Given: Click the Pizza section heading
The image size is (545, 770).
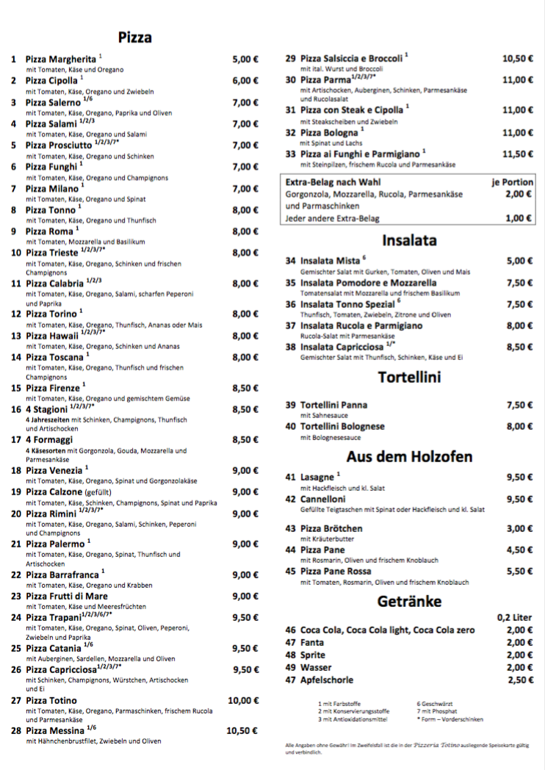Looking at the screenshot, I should tap(134, 37).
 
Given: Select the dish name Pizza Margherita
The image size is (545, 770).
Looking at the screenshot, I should tap(61, 59).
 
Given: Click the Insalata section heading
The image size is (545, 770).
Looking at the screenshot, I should tap(409, 240).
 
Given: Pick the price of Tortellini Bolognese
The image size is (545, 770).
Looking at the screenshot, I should tap(519, 426).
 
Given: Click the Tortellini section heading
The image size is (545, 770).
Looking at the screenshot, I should tap(409, 378).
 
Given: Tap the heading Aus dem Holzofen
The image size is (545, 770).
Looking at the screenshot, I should tap(409, 456).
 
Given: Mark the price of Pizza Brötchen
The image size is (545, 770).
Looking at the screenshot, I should tap(519, 528).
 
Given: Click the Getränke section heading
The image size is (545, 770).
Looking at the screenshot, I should tap(409, 601).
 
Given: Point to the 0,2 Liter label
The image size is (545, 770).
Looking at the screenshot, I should tap(514, 618).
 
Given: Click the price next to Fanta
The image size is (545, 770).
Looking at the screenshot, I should tap(519, 642).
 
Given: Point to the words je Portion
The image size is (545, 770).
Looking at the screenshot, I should tap(512, 181).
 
